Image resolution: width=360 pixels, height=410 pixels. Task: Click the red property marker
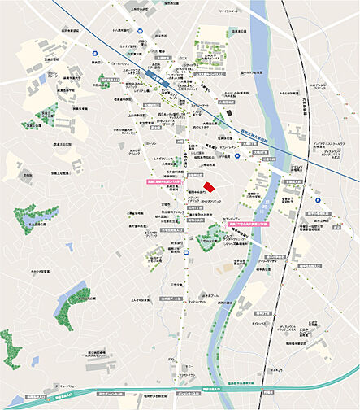(209, 187)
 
